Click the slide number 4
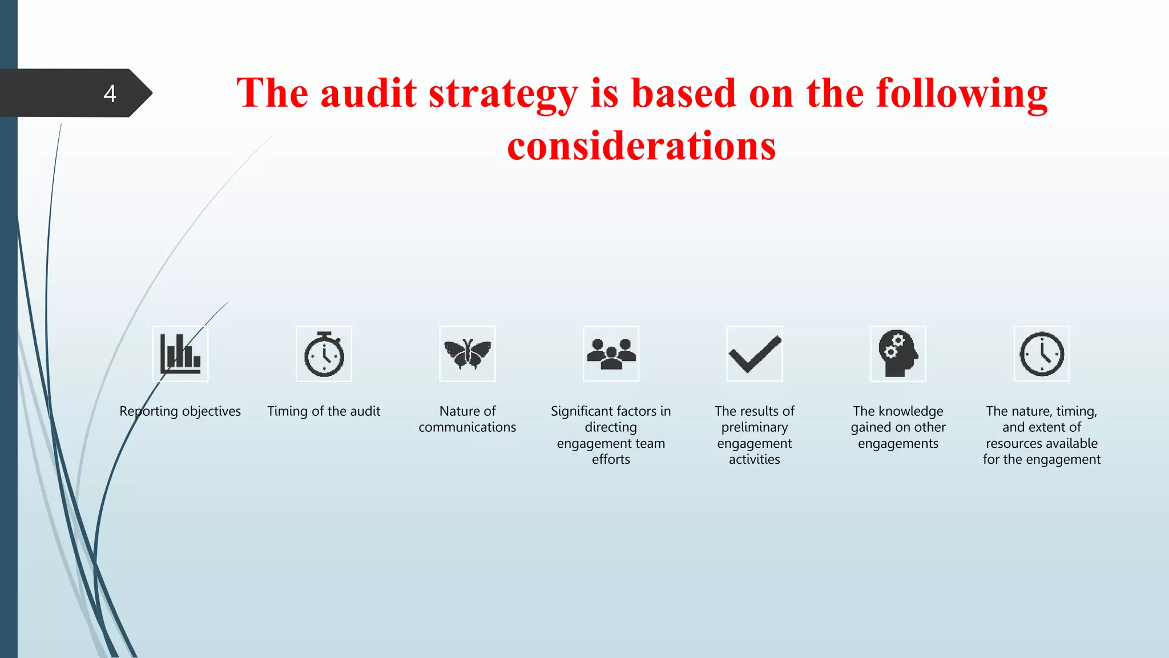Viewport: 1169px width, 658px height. [x=110, y=93]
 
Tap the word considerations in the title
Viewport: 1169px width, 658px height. [x=641, y=146]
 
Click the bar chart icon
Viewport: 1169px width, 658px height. [x=180, y=354]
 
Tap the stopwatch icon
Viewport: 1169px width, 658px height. [x=324, y=354]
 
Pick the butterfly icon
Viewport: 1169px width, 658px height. [x=467, y=354]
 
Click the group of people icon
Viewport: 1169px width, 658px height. [x=611, y=354]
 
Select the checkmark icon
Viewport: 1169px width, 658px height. [x=755, y=354]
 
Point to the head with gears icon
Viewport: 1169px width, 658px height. [x=898, y=354]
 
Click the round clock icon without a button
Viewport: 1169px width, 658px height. [x=1042, y=354]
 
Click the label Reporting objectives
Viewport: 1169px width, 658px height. [x=180, y=411]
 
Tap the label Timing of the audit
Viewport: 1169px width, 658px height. [x=324, y=411]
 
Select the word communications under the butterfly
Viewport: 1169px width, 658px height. [x=467, y=427]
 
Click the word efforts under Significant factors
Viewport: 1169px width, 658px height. [x=611, y=460]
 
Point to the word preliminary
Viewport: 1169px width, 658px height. [x=754, y=428]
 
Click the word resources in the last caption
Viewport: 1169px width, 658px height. [x=1013, y=444]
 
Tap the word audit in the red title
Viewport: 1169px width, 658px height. [x=368, y=94]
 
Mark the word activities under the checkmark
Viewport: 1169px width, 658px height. [x=754, y=460]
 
